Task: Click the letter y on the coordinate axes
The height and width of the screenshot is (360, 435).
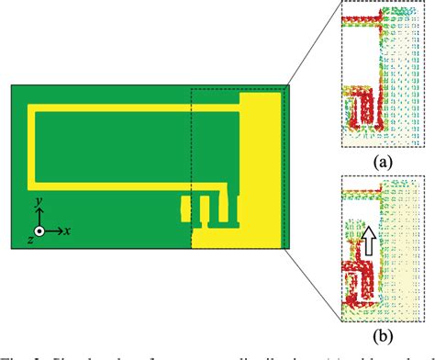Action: point(37,199)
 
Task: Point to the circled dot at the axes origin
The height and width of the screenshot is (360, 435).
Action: point(39,231)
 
